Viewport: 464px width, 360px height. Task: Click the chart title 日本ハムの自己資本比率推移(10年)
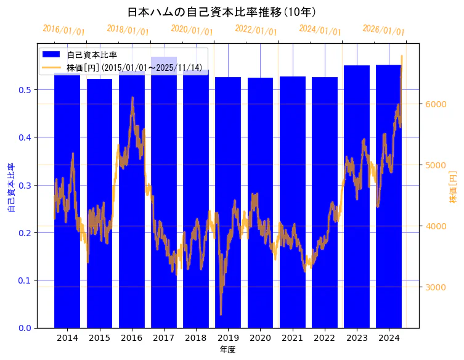click(x=222, y=12)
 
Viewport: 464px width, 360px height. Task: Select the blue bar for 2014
click(x=67, y=203)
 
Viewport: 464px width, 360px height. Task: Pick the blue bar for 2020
click(x=260, y=203)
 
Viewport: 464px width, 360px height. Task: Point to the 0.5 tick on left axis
click(x=25, y=89)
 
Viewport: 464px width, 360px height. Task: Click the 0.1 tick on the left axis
click(x=25, y=280)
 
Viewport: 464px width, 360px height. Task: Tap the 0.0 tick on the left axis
click(x=25, y=328)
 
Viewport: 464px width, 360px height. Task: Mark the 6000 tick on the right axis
click(x=436, y=104)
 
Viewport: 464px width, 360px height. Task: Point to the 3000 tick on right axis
click(x=436, y=287)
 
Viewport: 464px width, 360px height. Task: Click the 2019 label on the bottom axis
click(x=228, y=338)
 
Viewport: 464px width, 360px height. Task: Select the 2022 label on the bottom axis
click(x=325, y=338)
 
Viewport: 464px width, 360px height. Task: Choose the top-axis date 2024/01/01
click(x=320, y=30)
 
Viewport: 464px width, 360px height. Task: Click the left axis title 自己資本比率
click(x=10, y=188)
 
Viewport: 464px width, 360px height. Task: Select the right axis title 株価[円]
click(x=453, y=187)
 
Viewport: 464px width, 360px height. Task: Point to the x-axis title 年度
click(x=228, y=350)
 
